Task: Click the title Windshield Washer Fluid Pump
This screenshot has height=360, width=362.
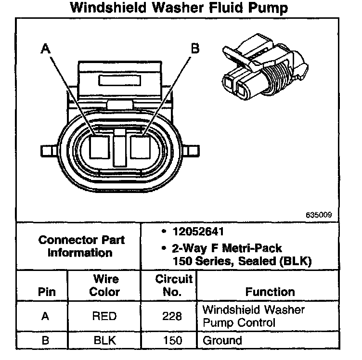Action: (181, 8)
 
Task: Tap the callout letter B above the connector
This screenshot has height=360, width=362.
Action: (195, 48)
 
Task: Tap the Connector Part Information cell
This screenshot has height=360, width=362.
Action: (81, 246)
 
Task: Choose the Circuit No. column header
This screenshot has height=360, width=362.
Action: (174, 285)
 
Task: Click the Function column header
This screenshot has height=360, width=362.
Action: (270, 292)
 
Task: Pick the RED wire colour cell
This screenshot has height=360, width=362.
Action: (104, 316)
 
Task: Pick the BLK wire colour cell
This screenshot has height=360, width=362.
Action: (104, 341)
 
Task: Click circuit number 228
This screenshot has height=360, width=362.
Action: (172, 316)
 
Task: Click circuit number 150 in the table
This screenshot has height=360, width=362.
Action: (172, 341)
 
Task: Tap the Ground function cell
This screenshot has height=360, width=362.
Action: (222, 341)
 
